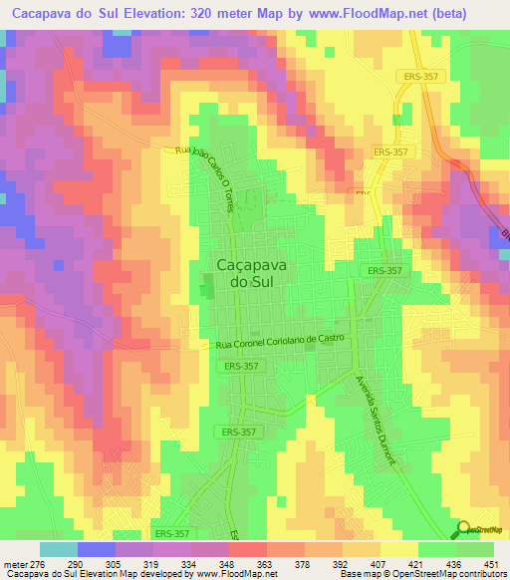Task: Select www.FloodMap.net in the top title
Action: (x=353, y=13)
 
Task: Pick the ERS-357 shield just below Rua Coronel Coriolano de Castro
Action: (x=242, y=368)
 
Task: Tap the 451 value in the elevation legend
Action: (x=491, y=563)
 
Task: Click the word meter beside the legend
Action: (x=15, y=563)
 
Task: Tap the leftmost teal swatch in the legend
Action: (x=58, y=549)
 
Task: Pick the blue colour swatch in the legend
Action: (x=96, y=549)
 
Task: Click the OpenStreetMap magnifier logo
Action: (x=462, y=528)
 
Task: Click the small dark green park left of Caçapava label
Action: (x=207, y=289)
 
